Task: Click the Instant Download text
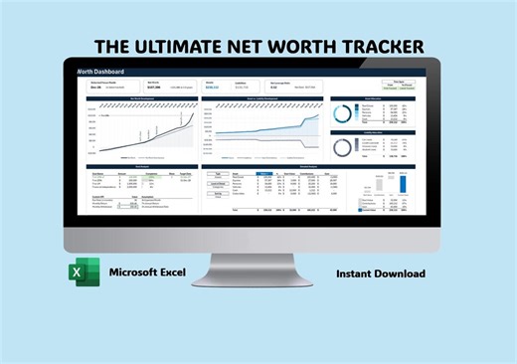(381, 273)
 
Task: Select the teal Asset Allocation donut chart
(342, 114)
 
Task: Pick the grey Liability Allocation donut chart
(342, 147)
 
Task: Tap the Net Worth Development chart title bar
(137, 98)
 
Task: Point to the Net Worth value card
(159, 86)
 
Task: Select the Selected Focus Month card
(102, 86)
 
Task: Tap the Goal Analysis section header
(137, 166)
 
